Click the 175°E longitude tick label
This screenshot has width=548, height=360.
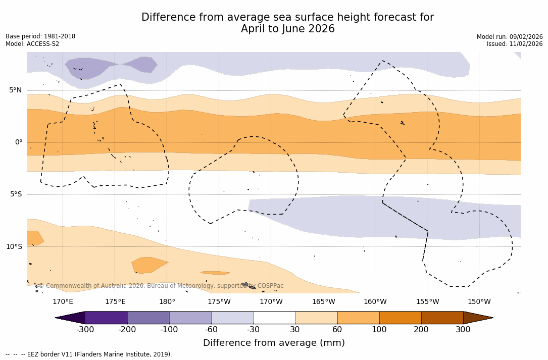coord(115,302)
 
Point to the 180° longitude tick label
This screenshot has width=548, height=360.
coord(167,302)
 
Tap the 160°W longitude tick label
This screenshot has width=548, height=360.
coord(375,302)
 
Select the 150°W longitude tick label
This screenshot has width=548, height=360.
coord(479,302)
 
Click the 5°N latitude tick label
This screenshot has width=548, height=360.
coord(15,90)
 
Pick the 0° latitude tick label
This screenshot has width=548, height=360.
coord(19,142)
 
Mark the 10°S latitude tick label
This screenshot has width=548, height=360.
coord(14,247)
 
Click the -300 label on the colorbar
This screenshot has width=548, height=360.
coord(85,330)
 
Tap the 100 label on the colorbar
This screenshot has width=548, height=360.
coord(379,330)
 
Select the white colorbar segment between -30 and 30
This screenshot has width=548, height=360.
coord(274,318)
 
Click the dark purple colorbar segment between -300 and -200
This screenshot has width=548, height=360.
coord(106,318)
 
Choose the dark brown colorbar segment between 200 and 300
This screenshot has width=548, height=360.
coord(442,318)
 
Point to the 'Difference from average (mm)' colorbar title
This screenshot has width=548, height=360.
coord(274,343)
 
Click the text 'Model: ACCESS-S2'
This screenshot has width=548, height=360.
coord(32,44)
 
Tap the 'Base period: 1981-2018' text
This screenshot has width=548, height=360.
coord(40,36)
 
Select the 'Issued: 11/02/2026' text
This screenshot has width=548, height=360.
coord(515,44)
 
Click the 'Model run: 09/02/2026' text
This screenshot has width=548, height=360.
coord(510,37)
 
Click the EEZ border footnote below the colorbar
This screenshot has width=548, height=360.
coord(89,354)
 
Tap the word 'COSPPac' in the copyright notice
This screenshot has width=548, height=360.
coord(270,286)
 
